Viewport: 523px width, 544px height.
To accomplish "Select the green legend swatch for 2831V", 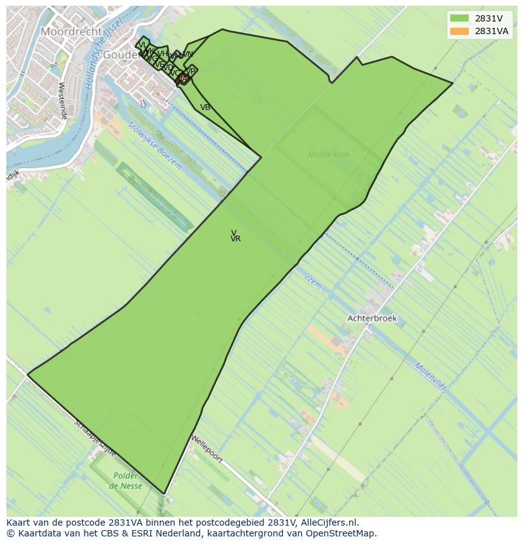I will pyautogui.click(x=460, y=18).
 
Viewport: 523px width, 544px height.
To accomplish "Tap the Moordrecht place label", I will pyautogui.click(x=71, y=31).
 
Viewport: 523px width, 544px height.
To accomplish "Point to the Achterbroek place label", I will pyautogui.click(x=372, y=318).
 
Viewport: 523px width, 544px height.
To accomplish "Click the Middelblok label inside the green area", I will pyautogui.click(x=328, y=154).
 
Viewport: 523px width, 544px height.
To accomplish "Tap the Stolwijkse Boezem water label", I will pyautogui.click(x=154, y=145).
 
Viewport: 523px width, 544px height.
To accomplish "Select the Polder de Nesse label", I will pyautogui.click(x=126, y=481).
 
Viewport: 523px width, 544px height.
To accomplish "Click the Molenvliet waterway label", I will pyautogui.click(x=430, y=377).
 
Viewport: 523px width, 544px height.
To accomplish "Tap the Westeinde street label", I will pyautogui.click(x=62, y=101).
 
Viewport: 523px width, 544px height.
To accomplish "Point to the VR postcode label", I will pyautogui.click(x=236, y=239).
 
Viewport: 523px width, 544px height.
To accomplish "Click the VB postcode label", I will pyautogui.click(x=205, y=107).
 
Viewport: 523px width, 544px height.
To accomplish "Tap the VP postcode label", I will pyautogui.click(x=191, y=71).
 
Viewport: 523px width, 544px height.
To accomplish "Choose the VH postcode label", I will pyautogui.click(x=163, y=54).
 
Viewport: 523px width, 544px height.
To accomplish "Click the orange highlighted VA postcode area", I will pyautogui.click(x=183, y=79).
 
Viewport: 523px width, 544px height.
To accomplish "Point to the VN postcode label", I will pyautogui.click(x=188, y=54).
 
